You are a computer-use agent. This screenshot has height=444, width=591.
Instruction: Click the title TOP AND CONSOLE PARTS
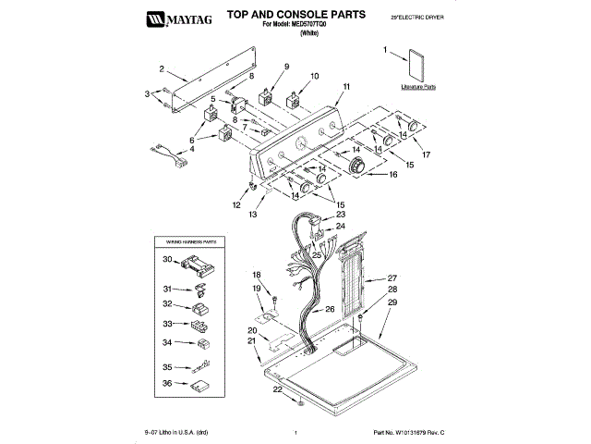tap(283, 16)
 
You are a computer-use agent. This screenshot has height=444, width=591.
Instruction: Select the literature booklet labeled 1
tap(417, 68)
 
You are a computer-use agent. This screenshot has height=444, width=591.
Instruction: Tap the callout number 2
tap(162, 68)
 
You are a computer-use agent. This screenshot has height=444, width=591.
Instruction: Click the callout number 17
tap(426, 154)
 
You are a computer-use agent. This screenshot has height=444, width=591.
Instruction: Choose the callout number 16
tap(394, 173)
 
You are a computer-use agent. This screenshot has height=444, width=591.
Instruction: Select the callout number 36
tap(167, 384)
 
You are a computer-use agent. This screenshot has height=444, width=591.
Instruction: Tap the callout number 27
tap(392, 277)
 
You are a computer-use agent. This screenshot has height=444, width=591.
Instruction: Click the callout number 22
tap(278, 390)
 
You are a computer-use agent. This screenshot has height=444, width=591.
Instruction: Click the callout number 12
tap(236, 204)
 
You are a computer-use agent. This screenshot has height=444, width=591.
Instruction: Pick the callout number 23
tap(340, 215)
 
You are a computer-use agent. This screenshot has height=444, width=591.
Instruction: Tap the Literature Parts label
tap(418, 87)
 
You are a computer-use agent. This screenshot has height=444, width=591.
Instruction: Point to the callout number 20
tap(252, 330)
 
